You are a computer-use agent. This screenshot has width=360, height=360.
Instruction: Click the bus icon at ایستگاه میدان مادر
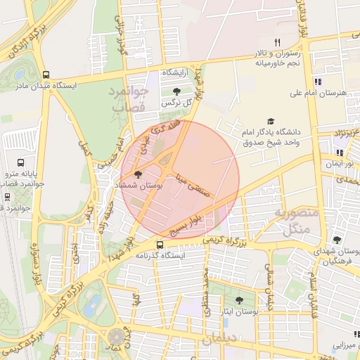46,75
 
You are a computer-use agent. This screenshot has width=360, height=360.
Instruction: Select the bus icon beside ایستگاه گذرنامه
161,245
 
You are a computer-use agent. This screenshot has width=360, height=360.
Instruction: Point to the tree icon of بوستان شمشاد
137,174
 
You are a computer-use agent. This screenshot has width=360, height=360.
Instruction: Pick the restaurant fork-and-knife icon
277,42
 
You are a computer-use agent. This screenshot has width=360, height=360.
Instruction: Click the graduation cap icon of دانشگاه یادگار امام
271,122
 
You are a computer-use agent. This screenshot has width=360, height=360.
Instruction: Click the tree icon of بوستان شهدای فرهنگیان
337,240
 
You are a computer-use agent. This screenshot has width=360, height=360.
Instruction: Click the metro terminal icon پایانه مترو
20,161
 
